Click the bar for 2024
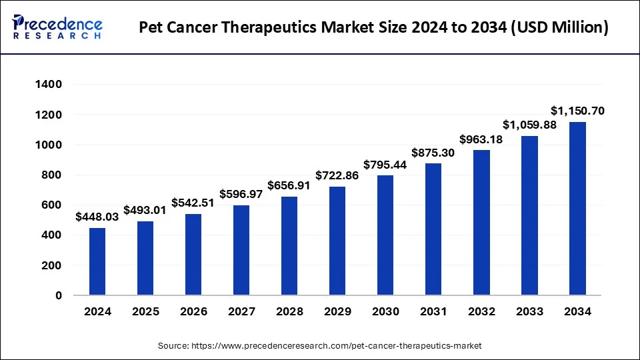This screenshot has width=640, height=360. click(x=97, y=261)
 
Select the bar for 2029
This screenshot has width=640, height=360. click(x=337, y=241)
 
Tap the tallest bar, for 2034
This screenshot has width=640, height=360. click(x=577, y=208)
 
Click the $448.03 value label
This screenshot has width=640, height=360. click(x=97, y=217)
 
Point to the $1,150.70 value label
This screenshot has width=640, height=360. click(x=577, y=111)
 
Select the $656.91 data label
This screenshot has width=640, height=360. click(x=289, y=185)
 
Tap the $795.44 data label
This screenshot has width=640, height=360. click(x=385, y=165)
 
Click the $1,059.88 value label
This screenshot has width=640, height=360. click(x=529, y=125)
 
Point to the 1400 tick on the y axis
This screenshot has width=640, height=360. click(x=49, y=85)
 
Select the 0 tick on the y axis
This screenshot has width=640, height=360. click(x=58, y=295)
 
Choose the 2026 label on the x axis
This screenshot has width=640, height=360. click(x=193, y=311)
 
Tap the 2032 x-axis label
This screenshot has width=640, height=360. click(x=481, y=311)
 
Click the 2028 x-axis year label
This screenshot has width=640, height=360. click(x=289, y=311)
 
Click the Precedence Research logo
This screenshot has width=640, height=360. click(x=57, y=27)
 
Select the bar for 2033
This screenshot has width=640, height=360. click(x=529, y=215)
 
